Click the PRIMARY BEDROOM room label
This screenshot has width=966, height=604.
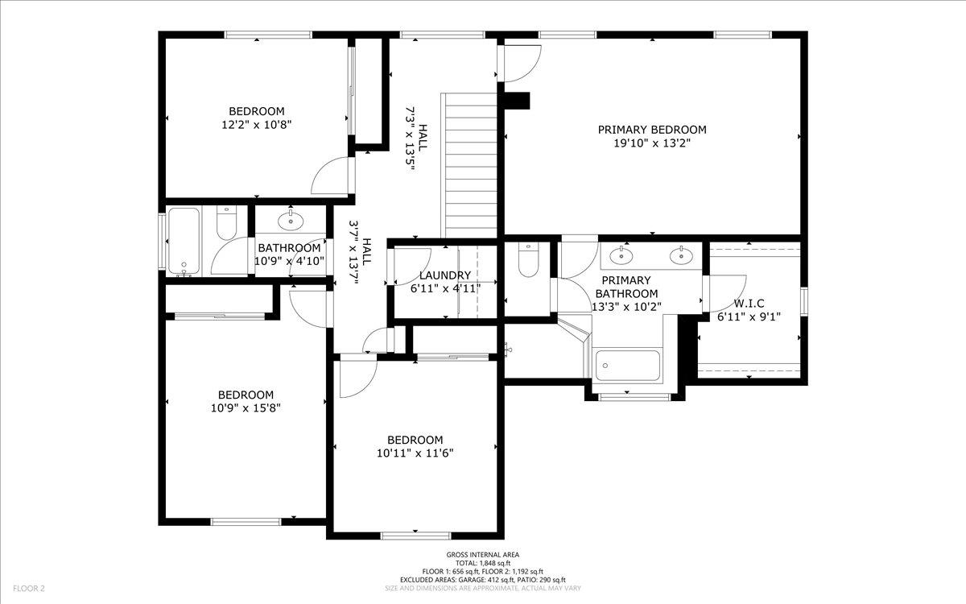click(x=652, y=130)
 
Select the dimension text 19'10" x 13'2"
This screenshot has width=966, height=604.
click(x=652, y=143)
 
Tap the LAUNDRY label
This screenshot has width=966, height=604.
click(x=439, y=275)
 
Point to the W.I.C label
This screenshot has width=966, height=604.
click(x=749, y=304)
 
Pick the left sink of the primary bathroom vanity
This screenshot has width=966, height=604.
click(x=621, y=256)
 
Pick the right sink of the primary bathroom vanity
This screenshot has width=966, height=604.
click(x=681, y=256)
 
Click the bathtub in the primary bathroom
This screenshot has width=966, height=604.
click(x=627, y=366)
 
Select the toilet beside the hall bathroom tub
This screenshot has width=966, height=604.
click(x=226, y=224)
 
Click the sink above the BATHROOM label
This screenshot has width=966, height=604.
click(x=290, y=220)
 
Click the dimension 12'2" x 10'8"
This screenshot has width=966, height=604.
click(x=256, y=125)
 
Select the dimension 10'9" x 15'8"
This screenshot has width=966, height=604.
click(x=246, y=407)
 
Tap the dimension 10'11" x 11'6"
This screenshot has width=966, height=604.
click(x=415, y=453)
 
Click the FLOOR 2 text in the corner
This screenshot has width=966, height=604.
click(x=28, y=589)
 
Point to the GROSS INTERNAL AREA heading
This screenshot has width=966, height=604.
click(x=483, y=554)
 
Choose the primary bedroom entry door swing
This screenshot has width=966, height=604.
click(x=519, y=64)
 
